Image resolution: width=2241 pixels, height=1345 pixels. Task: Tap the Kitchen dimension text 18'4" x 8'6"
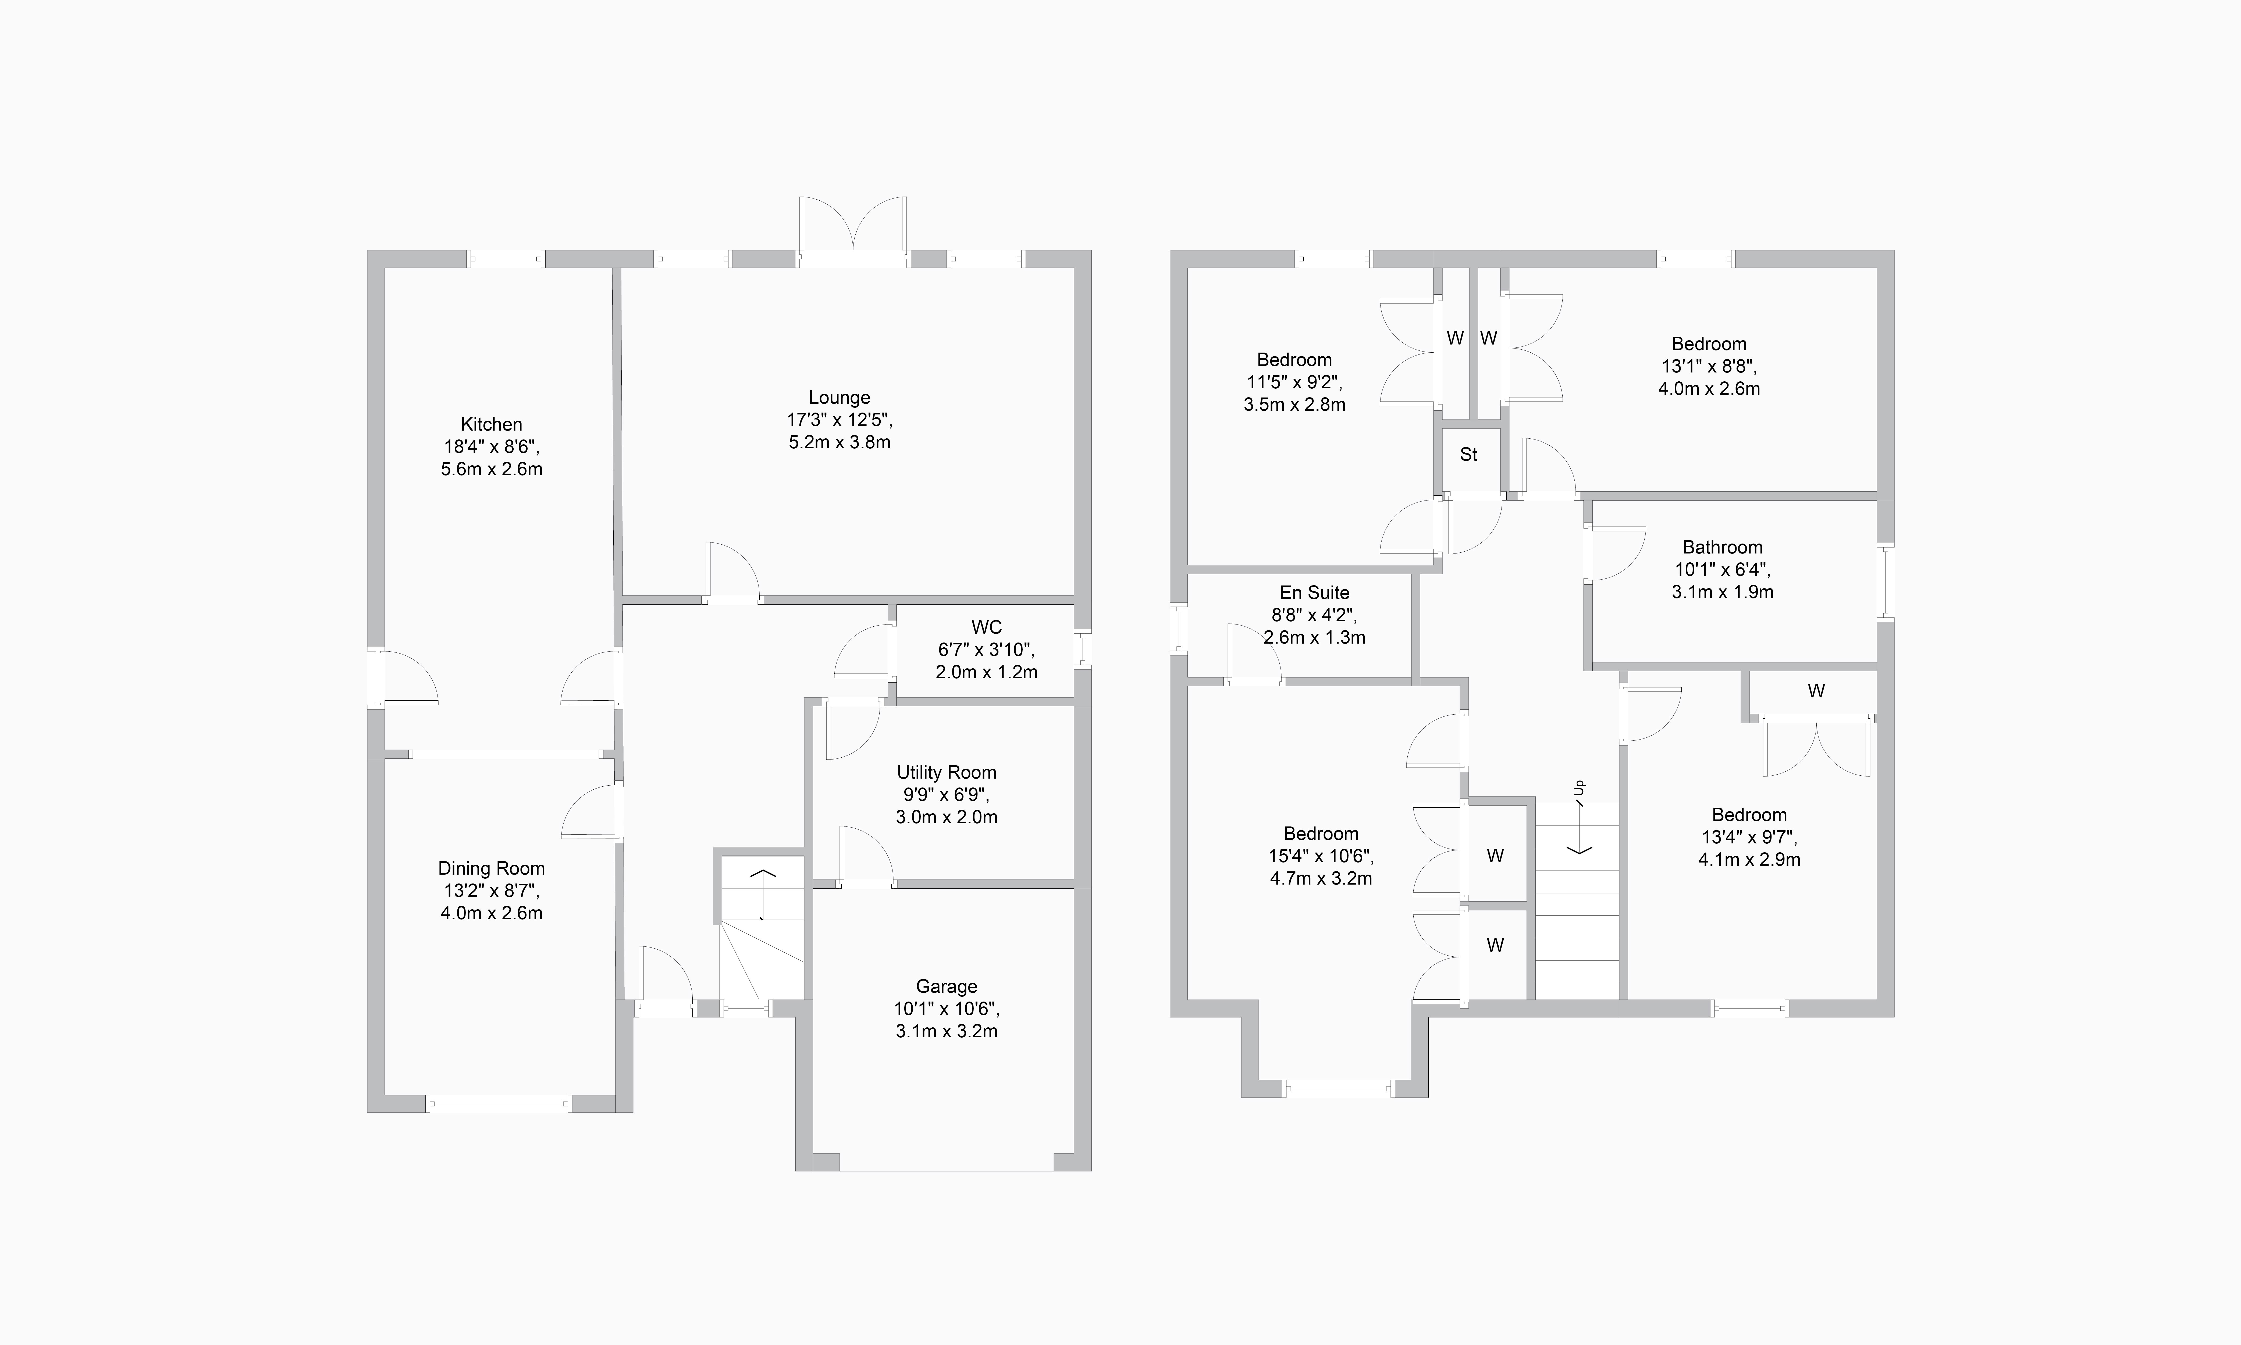491,447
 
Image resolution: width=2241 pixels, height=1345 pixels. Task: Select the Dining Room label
491,868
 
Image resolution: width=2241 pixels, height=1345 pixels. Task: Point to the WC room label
986,627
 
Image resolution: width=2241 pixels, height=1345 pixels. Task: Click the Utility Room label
946,772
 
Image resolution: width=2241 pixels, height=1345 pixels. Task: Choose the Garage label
946,986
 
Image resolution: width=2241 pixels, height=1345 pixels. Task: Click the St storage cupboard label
1468,455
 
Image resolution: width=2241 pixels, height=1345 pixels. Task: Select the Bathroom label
1722,547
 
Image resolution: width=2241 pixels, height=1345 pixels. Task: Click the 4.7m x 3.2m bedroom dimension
1320,878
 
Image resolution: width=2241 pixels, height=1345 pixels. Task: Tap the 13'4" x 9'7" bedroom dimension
1748,837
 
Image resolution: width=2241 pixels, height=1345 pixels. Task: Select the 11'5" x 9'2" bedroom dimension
1294,382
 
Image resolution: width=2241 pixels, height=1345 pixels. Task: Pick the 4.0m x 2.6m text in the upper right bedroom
1708,389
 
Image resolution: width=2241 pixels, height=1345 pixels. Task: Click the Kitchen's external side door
403,678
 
